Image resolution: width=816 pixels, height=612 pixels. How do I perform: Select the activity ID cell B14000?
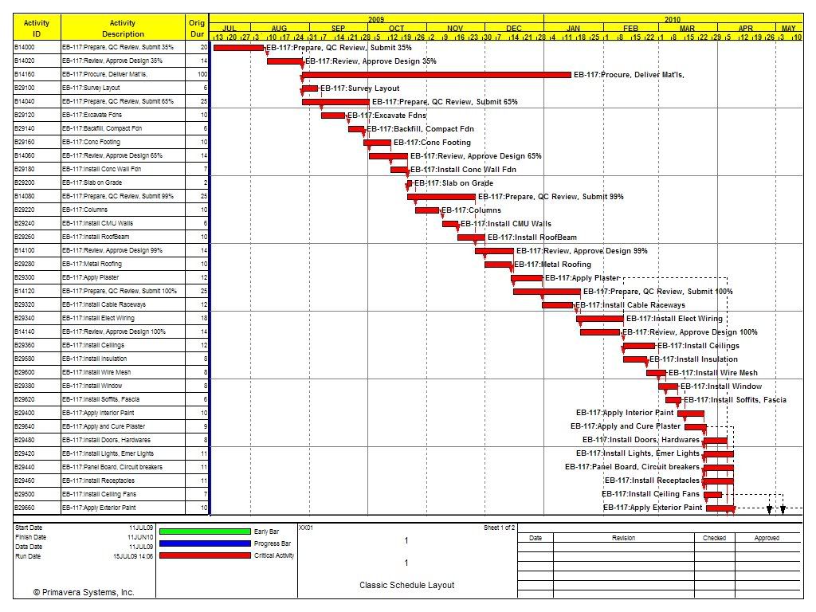[x=25, y=47]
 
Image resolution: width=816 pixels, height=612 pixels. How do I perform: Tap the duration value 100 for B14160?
[x=202, y=74]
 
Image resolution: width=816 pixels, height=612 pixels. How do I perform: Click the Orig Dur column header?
[x=196, y=28]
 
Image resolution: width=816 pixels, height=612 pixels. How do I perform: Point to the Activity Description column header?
[x=123, y=28]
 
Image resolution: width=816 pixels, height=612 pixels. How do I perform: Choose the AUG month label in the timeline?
[x=279, y=28]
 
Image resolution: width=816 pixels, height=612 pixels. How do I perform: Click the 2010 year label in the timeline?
[x=673, y=18]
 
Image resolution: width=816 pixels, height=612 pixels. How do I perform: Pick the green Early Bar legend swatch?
[x=205, y=531]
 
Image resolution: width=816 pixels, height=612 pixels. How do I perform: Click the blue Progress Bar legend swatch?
[x=205, y=543]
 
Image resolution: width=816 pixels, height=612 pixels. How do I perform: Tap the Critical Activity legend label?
[x=274, y=555]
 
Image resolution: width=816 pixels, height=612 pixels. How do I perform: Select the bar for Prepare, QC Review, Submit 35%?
[x=238, y=47]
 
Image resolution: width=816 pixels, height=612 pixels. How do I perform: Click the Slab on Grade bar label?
[x=453, y=183]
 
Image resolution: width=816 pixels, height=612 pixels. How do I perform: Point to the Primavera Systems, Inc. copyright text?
[x=84, y=592]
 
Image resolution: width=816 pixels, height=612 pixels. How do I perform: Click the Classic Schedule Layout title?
[x=406, y=585]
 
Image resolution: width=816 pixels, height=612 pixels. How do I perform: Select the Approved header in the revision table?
[x=767, y=538]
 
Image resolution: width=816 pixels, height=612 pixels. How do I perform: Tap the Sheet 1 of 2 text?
[x=500, y=528]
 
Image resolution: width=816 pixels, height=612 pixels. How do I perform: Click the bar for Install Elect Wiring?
[x=600, y=319]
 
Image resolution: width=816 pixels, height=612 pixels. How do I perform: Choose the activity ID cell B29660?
[x=25, y=508]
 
